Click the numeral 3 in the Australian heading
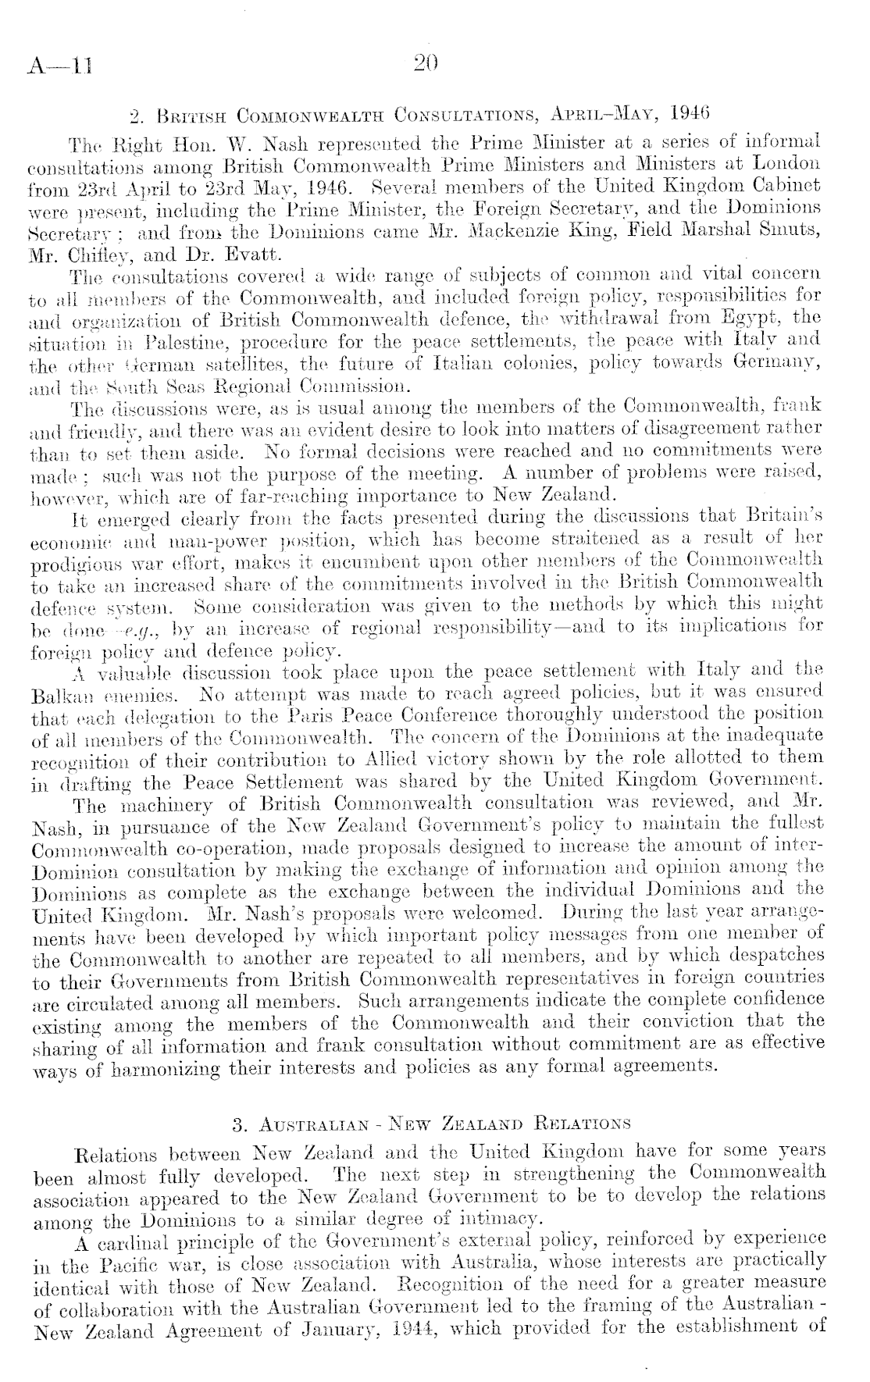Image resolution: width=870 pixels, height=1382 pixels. click(x=237, y=1125)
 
